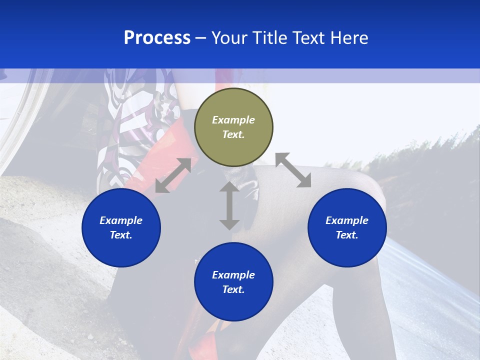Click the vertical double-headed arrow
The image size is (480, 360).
(x=229, y=205)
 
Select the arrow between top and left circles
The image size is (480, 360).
(x=173, y=175)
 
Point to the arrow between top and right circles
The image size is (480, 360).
(x=293, y=170)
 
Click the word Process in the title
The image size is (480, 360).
(x=157, y=38)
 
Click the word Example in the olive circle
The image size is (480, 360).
(x=233, y=120)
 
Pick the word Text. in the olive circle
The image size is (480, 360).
(x=233, y=134)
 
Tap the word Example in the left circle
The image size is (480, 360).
(x=121, y=220)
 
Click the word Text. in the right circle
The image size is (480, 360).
(x=347, y=235)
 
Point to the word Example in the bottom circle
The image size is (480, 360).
(x=233, y=275)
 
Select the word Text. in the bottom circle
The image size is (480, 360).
(x=233, y=289)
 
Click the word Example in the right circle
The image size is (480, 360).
(x=347, y=220)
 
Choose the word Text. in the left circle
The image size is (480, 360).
(x=121, y=235)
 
